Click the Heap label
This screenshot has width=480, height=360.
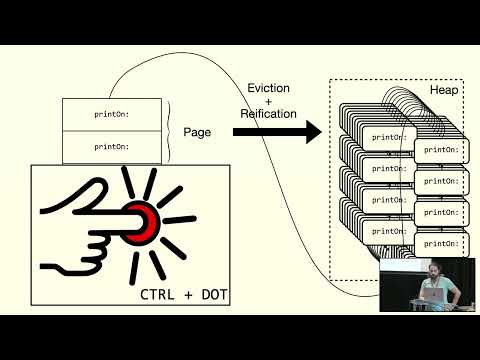click(444, 90)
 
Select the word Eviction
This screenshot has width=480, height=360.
click(268, 89)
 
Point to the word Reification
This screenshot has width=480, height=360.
click(268, 114)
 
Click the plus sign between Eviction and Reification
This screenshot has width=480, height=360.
click(268, 102)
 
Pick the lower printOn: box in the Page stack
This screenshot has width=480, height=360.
click(111, 146)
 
